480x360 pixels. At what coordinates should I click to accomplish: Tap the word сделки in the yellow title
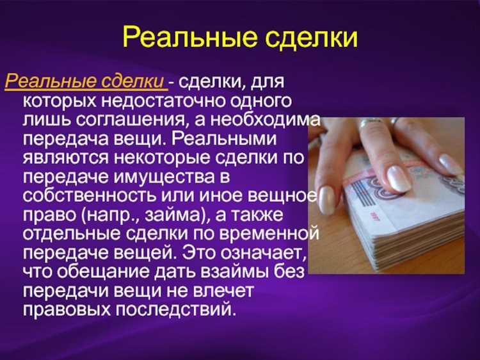point(306,37)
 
